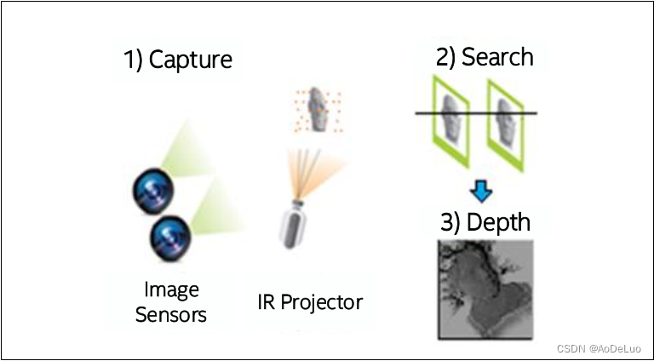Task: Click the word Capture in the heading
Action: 190,60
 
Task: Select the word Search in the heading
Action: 496,57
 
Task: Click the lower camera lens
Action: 168,238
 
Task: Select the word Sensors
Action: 170,314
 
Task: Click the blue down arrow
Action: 482,191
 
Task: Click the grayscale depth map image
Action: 485,289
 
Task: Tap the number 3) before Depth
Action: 452,222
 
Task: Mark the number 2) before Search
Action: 447,57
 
